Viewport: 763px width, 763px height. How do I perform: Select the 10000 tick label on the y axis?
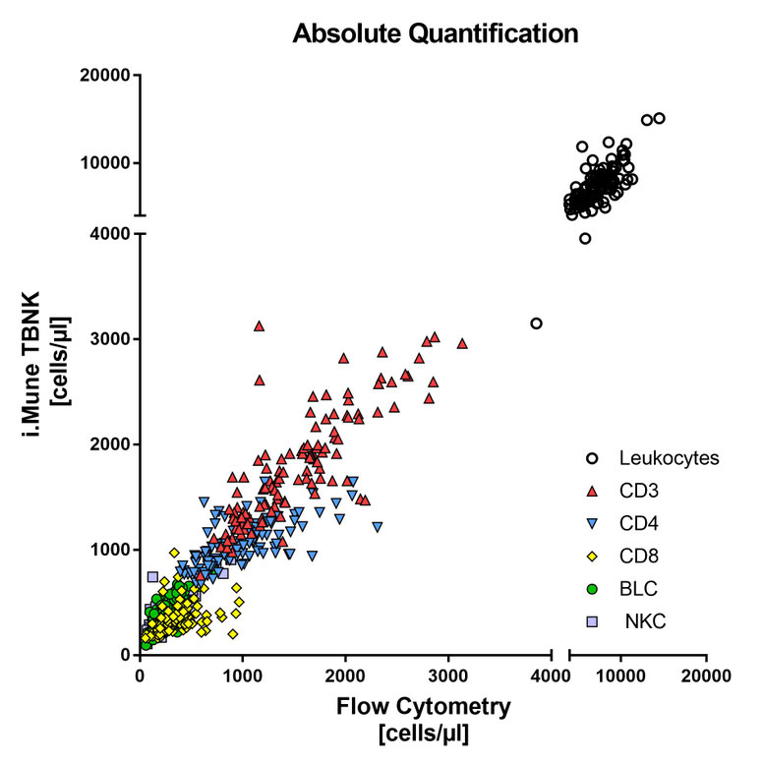pyautogui.click(x=102, y=163)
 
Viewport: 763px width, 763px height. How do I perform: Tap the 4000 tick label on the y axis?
pyautogui.click(x=108, y=234)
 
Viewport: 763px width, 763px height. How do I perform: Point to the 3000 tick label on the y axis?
pyautogui.click(x=108, y=339)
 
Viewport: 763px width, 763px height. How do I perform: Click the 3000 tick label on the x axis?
pyautogui.click(x=448, y=677)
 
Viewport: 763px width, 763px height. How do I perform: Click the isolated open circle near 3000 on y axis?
pyautogui.click(x=536, y=323)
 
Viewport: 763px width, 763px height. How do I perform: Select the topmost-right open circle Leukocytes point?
pyautogui.click(x=659, y=118)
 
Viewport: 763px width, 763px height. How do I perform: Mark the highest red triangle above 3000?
pyautogui.click(x=259, y=325)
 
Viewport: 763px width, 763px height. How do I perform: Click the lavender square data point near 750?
pyautogui.click(x=152, y=577)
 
